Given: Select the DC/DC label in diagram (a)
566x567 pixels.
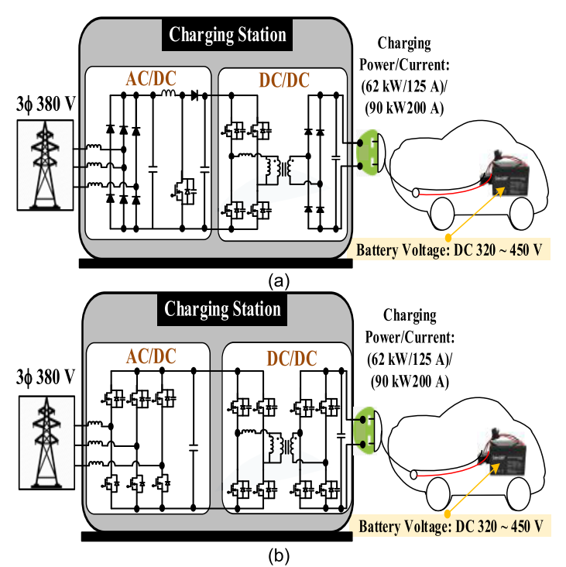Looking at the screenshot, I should coord(280,79).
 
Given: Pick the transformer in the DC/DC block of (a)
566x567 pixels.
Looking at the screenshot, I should coord(281,169).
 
